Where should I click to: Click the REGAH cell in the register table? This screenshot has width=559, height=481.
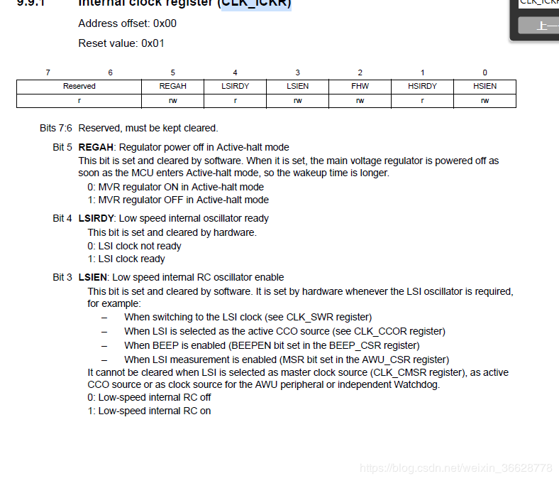[x=173, y=86]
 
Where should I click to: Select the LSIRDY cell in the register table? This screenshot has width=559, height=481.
[x=235, y=86]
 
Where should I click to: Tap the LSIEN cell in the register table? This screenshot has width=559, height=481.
[x=297, y=86]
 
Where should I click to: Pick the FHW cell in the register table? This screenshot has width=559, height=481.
[x=360, y=86]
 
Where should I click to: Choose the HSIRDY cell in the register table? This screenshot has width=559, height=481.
[x=422, y=86]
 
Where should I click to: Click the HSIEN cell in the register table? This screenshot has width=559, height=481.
[x=485, y=86]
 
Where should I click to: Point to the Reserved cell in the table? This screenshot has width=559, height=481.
[x=79, y=86]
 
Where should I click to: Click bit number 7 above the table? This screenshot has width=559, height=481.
[x=48, y=72]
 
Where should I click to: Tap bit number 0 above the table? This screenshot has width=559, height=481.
[x=485, y=72]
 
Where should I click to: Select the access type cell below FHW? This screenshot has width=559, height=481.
[x=360, y=100]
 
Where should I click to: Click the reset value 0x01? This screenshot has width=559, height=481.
[x=153, y=43]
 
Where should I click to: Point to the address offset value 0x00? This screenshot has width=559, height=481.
[x=165, y=23]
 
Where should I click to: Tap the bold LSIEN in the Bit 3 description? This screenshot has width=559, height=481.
[x=92, y=277]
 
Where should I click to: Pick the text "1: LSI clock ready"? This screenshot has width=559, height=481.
[x=126, y=259]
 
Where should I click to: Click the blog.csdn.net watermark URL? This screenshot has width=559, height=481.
[x=455, y=468]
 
